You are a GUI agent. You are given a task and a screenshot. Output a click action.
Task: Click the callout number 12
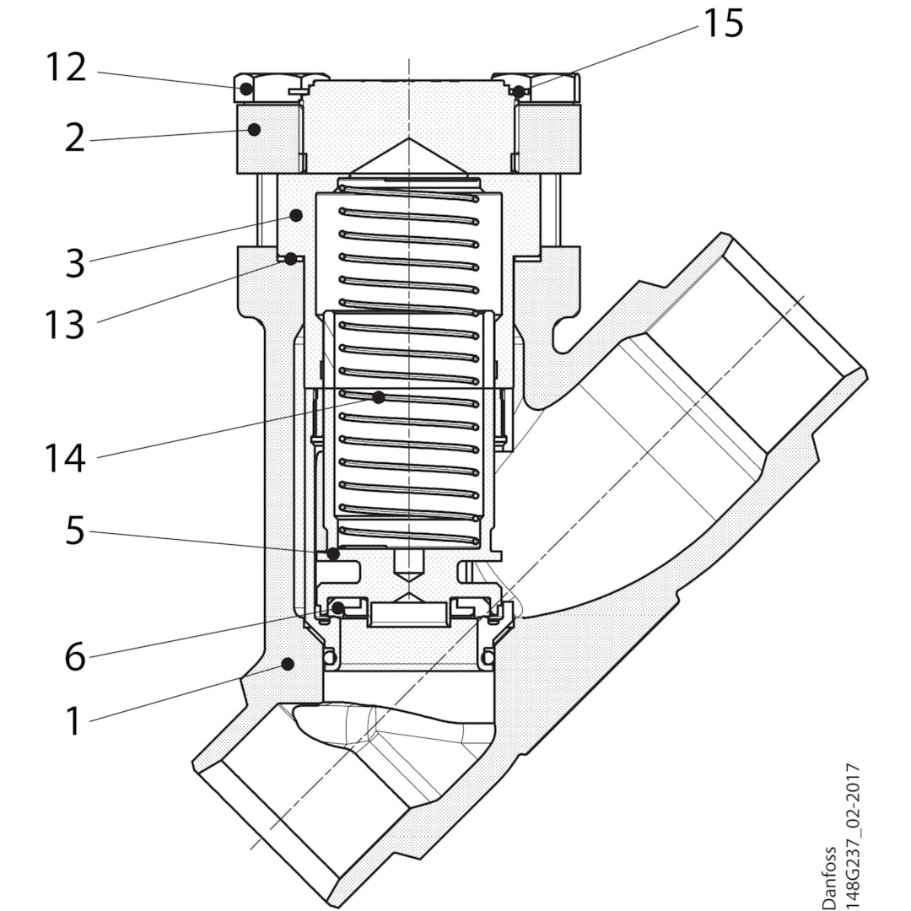pos(66,67)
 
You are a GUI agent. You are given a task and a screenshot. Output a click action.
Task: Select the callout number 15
pos(724,24)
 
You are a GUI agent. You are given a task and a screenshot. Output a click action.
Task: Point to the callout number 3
pos(75,264)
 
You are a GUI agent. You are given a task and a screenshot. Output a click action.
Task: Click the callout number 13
pos(66,324)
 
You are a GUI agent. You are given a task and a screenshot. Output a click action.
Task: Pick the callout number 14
pos(66,459)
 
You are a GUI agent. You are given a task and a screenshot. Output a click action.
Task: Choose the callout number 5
pos(75,532)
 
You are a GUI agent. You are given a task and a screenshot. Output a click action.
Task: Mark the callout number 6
pos(75,657)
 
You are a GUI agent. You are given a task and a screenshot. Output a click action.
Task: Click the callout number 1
pos(75,722)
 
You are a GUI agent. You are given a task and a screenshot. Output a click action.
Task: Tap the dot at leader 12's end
pos(246,89)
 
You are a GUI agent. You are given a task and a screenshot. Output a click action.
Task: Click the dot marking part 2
pos(253,129)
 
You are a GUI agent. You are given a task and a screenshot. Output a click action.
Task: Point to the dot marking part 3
pos(296,216)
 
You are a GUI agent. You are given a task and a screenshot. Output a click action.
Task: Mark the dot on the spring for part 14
pos(379,396)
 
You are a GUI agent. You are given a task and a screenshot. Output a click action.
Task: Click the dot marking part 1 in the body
pos(288,664)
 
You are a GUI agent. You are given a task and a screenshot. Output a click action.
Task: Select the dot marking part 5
pos(334,554)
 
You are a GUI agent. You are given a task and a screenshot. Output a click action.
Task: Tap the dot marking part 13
pos(290,259)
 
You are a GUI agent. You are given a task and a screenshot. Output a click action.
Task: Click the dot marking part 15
pos(520,91)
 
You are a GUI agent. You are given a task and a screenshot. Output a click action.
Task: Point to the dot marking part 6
pos(337,606)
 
